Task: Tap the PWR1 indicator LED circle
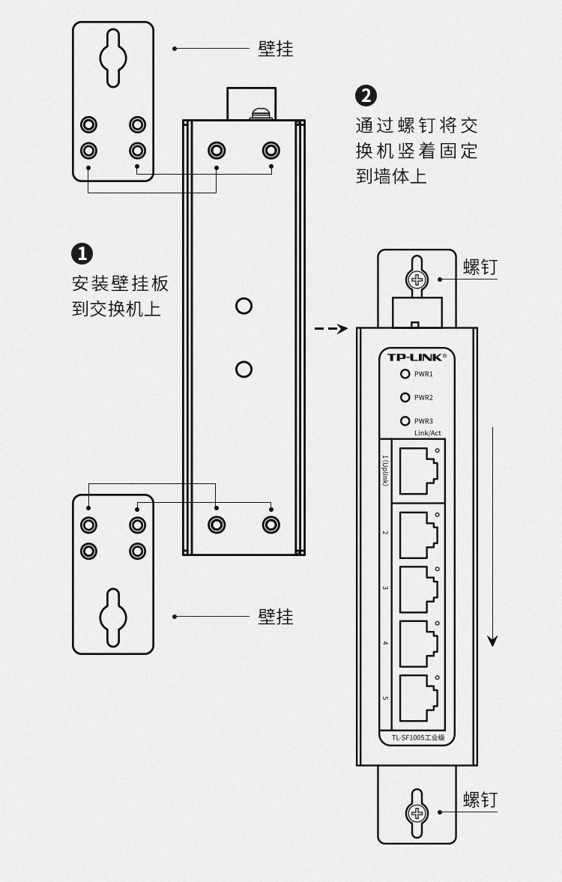click(x=405, y=374)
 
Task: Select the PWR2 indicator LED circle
click(x=405, y=397)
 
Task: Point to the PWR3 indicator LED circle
click(x=405, y=421)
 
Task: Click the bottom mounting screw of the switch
click(x=417, y=813)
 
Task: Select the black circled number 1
click(x=82, y=254)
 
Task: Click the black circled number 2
click(x=366, y=96)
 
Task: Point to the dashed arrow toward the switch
click(x=330, y=328)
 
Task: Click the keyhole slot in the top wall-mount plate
click(x=113, y=58)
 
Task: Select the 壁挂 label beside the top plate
click(x=276, y=49)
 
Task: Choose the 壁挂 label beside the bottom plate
click(x=276, y=617)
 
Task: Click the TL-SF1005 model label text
click(x=418, y=738)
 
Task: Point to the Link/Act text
click(x=428, y=433)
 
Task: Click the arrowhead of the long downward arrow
click(x=492, y=641)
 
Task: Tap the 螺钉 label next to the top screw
click(x=480, y=268)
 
